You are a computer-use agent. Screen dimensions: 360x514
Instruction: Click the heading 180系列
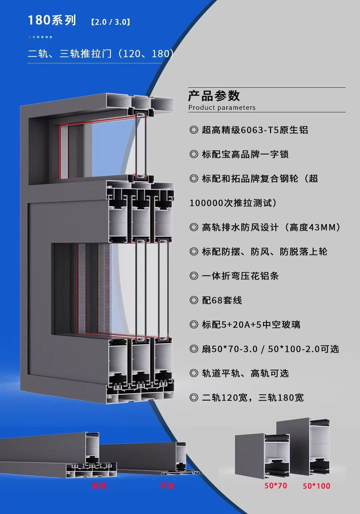point(52,20)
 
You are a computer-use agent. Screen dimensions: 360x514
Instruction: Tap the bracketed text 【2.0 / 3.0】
point(110,22)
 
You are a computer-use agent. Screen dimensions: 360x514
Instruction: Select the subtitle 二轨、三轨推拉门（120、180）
point(100,53)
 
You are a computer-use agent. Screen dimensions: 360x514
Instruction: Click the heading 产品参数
point(214,96)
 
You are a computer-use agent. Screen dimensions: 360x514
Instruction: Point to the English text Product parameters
point(222,108)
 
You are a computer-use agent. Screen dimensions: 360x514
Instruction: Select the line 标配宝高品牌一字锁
point(245,154)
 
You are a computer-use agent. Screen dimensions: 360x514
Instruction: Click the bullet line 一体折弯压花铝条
point(240,276)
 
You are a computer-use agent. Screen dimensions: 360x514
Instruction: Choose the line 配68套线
point(222,300)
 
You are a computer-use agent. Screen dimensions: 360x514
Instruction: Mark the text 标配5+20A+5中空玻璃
point(251,324)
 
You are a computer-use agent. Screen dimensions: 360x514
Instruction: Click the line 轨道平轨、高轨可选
point(245,373)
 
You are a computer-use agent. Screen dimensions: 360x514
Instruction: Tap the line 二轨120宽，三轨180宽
point(253,398)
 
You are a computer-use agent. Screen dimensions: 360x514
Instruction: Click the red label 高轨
point(99,486)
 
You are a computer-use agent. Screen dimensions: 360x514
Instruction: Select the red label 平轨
point(167,486)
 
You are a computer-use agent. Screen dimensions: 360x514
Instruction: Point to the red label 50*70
point(276,486)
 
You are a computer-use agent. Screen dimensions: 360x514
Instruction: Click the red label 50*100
point(316,486)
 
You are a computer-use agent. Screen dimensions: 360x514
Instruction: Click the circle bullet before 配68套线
point(194,300)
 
